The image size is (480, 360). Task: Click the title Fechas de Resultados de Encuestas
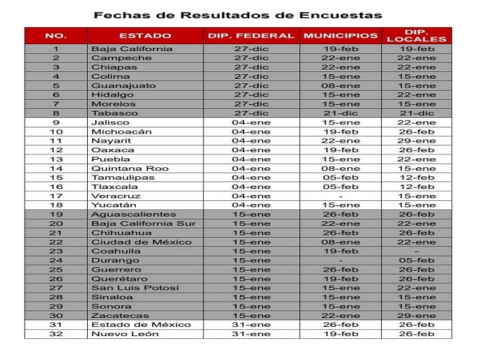(x=238, y=15)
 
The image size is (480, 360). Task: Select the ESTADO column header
(x=145, y=35)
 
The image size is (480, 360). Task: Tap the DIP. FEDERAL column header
(x=251, y=35)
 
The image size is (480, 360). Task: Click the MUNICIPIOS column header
(x=340, y=35)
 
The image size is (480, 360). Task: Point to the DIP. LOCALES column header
(x=416, y=35)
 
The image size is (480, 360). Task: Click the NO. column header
(x=55, y=35)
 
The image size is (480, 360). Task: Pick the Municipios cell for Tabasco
(x=340, y=113)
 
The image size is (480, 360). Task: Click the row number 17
(x=55, y=196)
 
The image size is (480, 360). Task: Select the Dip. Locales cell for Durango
(x=416, y=260)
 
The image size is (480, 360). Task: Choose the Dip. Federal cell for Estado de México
(x=251, y=325)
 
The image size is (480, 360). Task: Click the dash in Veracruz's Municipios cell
(x=340, y=196)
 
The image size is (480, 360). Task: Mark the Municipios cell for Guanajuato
(x=340, y=85)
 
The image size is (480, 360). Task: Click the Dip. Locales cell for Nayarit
(x=416, y=140)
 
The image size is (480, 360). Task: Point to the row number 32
(x=55, y=334)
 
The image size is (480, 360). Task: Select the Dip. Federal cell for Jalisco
(x=251, y=122)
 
